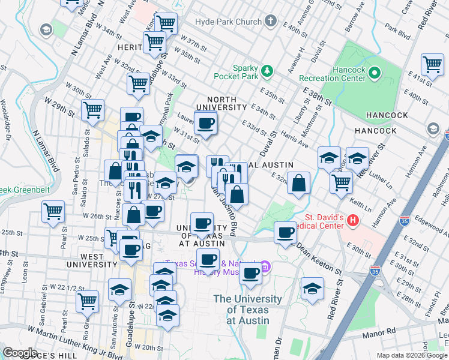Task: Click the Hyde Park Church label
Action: click(x=228, y=22)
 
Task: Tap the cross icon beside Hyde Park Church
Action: click(x=270, y=22)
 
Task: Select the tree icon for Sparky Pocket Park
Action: click(x=268, y=71)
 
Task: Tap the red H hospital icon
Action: click(x=353, y=221)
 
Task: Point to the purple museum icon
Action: click(x=265, y=266)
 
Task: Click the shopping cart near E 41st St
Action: click(x=432, y=64)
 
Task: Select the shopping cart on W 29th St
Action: click(x=93, y=110)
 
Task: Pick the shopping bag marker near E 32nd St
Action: click(x=298, y=182)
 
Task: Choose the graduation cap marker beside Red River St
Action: click(x=312, y=289)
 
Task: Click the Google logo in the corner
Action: click(x=20, y=353)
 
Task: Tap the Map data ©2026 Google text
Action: click(x=411, y=355)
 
